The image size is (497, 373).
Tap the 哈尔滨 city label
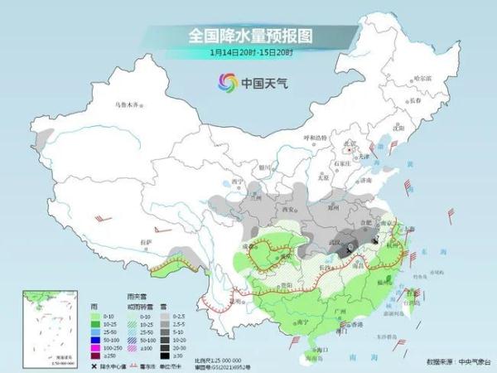click(x=422, y=77)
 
